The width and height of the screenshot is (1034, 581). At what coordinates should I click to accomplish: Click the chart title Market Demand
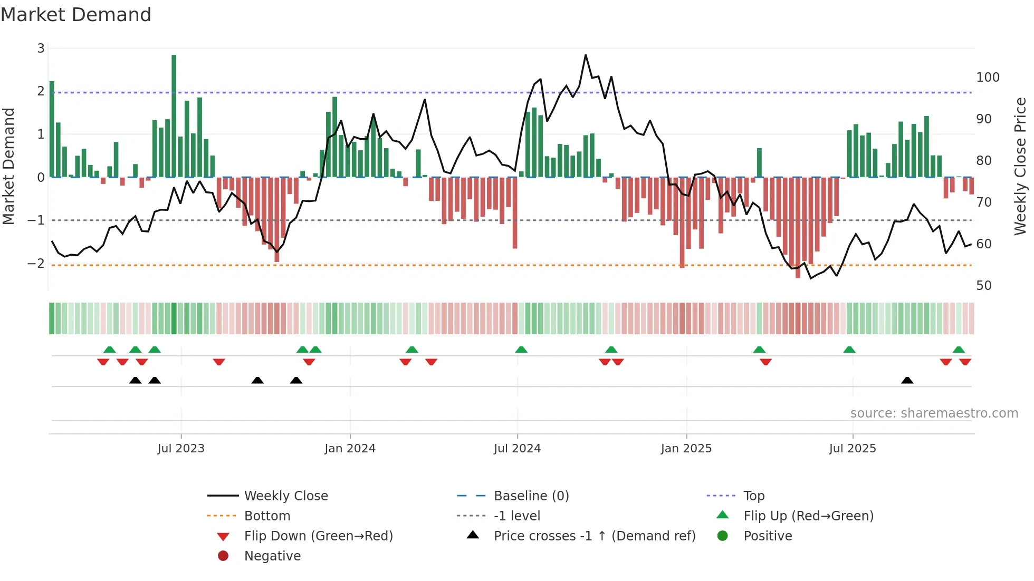76,15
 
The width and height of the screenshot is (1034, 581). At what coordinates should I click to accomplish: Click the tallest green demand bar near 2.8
174,116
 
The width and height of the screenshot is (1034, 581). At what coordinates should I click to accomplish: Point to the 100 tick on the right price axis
988,78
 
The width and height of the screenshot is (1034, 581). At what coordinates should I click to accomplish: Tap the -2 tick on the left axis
36,263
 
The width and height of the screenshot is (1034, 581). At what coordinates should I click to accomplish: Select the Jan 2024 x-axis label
350,449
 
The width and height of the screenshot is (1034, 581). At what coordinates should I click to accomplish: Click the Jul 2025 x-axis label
852,449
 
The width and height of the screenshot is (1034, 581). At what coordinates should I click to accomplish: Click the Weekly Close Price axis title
1020,166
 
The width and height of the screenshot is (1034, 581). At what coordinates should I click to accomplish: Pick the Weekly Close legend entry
285,496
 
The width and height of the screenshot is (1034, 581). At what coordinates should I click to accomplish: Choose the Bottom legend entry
267,516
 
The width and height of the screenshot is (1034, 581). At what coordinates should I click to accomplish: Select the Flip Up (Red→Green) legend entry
808,516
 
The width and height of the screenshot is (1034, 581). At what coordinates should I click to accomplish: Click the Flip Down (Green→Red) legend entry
318,536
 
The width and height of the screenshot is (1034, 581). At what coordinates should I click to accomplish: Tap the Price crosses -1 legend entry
594,536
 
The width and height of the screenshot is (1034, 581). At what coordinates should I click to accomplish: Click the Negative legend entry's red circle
223,556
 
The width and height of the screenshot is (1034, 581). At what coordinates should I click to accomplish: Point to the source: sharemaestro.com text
934,413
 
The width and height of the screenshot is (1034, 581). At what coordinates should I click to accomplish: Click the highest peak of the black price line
585,55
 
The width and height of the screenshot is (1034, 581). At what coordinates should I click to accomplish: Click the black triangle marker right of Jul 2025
907,381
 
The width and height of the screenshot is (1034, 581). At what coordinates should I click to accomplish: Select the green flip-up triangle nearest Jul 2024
521,350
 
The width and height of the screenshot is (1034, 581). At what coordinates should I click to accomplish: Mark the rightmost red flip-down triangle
965,362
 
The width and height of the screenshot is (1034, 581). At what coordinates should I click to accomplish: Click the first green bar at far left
52,129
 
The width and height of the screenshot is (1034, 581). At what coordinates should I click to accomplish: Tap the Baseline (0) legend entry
531,496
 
